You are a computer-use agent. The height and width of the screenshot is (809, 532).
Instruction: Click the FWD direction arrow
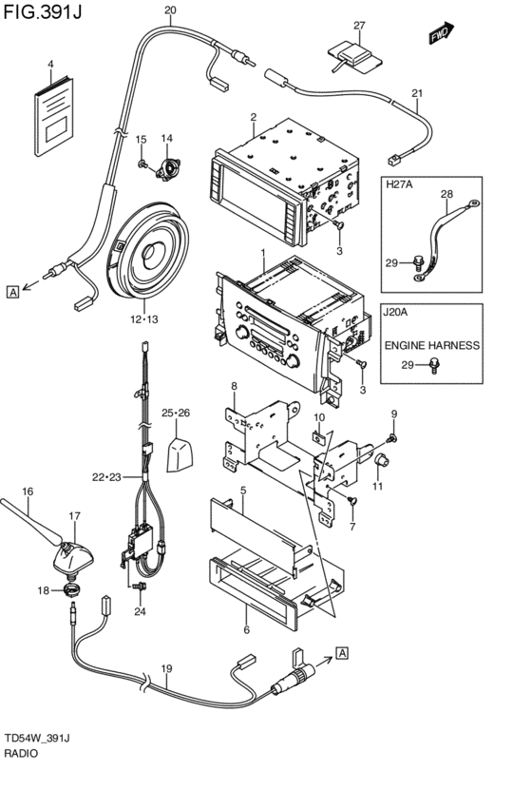pyautogui.click(x=441, y=33)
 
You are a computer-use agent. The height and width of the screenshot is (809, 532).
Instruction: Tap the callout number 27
pyautogui.click(x=359, y=26)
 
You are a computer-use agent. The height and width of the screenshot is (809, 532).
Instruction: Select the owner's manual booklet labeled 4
pyautogui.click(x=54, y=117)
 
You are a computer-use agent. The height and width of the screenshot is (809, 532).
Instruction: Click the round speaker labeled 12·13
pyautogui.click(x=147, y=251)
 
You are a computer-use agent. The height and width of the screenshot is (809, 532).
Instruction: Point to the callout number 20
pyautogui.click(x=170, y=10)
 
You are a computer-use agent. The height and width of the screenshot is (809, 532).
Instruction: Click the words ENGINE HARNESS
pyautogui.click(x=432, y=345)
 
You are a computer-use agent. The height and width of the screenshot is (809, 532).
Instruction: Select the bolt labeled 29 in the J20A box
pyautogui.click(x=434, y=365)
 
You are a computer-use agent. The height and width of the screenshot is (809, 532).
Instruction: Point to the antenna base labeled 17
pyautogui.click(x=73, y=557)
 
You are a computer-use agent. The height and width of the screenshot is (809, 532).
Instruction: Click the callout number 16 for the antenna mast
pyautogui.click(x=28, y=491)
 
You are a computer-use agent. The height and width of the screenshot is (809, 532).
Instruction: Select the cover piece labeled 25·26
pyautogui.click(x=180, y=454)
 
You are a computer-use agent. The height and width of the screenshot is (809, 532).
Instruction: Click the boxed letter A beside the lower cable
pyautogui.click(x=342, y=653)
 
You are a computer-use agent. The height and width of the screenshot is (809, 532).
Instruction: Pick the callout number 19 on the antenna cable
pyautogui.click(x=166, y=668)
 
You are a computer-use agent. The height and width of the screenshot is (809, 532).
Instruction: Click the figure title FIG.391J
pyautogui.click(x=42, y=11)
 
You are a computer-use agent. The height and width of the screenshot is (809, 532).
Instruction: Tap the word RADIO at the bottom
pyautogui.click(x=21, y=753)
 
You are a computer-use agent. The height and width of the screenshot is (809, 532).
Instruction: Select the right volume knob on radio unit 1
pyautogui.click(x=293, y=361)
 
